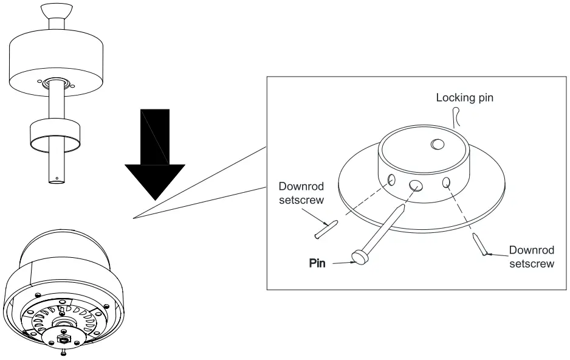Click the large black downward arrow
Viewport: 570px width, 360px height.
tap(154, 158)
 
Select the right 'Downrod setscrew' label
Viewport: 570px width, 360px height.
tap(532, 257)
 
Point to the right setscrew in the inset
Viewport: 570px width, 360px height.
tap(481, 246)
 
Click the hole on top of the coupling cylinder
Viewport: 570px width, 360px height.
tap(438, 144)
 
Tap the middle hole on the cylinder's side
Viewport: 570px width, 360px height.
tap(416, 186)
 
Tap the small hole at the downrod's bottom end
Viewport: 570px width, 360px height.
tap(57, 178)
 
